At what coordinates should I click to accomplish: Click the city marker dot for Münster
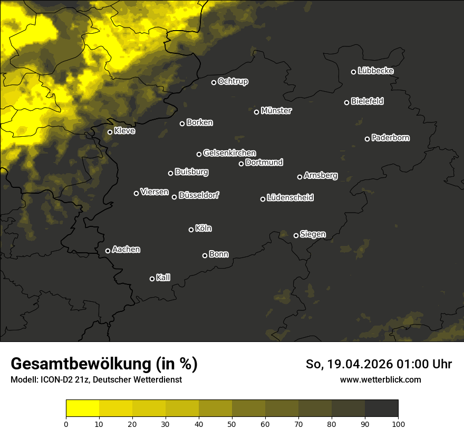click(x=257, y=112)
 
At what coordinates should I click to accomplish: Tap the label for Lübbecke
click(x=375, y=71)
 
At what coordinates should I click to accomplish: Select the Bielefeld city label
click(x=367, y=101)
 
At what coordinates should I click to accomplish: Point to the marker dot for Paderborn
click(x=368, y=139)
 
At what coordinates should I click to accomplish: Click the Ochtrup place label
click(x=233, y=81)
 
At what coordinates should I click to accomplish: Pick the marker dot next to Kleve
click(x=110, y=132)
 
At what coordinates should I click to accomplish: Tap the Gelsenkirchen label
click(x=229, y=153)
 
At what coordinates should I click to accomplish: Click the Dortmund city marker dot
click(x=241, y=164)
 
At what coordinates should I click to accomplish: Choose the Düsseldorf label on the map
click(x=199, y=195)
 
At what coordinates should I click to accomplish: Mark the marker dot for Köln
click(x=191, y=230)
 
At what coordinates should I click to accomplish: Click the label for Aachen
click(x=126, y=250)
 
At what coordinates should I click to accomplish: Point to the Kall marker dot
click(x=152, y=279)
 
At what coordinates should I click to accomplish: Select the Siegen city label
click(x=313, y=234)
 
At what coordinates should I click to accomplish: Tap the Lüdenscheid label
click(x=290, y=198)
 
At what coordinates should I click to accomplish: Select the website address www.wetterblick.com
click(x=381, y=379)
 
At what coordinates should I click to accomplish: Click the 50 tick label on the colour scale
click(x=232, y=423)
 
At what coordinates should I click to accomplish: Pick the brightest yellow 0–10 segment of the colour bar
click(x=82, y=408)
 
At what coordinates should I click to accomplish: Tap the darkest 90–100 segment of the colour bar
click(x=381, y=408)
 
